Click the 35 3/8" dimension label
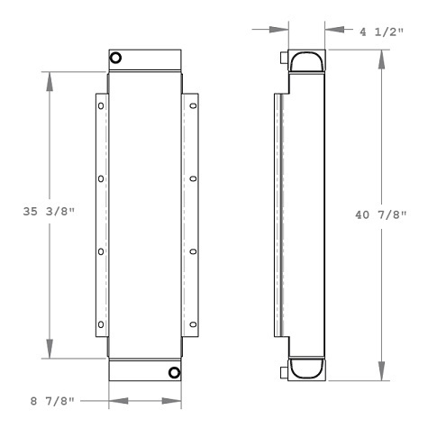[49, 213]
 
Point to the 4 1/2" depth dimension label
[378, 30]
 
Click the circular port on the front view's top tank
[116, 59]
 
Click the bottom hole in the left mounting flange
[101, 325]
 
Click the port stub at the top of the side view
[283, 59]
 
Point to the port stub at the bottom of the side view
[283, 370]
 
